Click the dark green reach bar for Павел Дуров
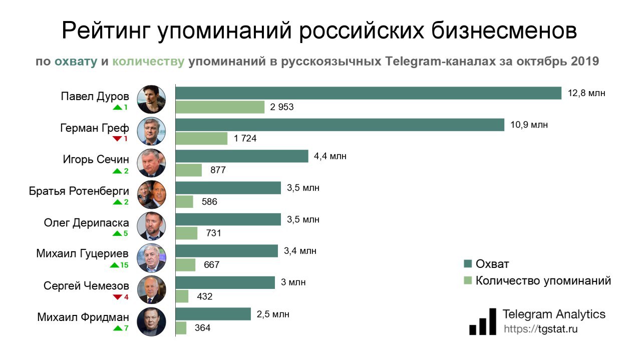click(368, 93)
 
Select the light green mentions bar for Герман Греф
click(201, 138)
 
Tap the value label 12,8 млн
click(586, 93)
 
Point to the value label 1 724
click(245, 139)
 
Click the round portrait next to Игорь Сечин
click(151, 163)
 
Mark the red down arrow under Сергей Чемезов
click(117, 297)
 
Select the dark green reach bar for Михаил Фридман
click(213, 314)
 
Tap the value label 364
click(202, 328)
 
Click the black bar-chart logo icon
click(483, 322)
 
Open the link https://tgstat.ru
click(540, 329)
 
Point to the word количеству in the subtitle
click(148, 62)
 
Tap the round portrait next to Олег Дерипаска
click(151, 226)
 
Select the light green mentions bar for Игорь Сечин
click(189, 170)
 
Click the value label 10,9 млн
click(529, 125)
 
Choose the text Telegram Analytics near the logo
click(554, 314)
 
